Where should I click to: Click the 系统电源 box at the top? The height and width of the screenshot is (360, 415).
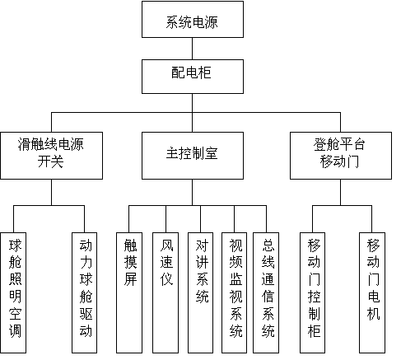point(193,19)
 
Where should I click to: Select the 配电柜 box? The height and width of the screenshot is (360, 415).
point(193,77)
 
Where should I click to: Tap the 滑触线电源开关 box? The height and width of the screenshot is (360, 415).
point(51,156)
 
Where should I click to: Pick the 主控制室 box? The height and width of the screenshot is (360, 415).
point(193,156)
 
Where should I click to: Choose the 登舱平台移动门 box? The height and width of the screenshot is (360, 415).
point(341,156)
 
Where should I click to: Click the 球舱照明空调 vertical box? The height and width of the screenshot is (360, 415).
point(13,292)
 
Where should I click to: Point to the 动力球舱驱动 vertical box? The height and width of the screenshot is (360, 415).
point(84,292)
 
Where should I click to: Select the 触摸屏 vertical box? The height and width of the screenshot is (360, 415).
point(129,292)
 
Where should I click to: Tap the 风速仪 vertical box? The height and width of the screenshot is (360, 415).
point(166,292)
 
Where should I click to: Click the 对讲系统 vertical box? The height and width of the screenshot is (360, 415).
point(200,292)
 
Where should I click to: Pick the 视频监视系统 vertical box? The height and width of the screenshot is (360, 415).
point(235,292)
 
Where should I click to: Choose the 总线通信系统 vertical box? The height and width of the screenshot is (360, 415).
point(266,292)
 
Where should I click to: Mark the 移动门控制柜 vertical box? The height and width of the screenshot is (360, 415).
point(313,292)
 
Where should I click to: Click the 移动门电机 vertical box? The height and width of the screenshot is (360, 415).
point(372,292)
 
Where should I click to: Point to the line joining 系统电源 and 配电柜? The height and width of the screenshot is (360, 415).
point(192,49)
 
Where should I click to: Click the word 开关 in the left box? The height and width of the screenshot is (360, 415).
point(51,161)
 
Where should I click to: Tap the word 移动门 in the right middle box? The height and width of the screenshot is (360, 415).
point(339,161)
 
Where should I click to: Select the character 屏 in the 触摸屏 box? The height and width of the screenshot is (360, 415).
point(130,279)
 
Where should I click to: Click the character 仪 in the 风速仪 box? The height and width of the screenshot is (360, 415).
point(166,279)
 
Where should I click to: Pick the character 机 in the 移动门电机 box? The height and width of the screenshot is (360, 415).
point(373,313)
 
